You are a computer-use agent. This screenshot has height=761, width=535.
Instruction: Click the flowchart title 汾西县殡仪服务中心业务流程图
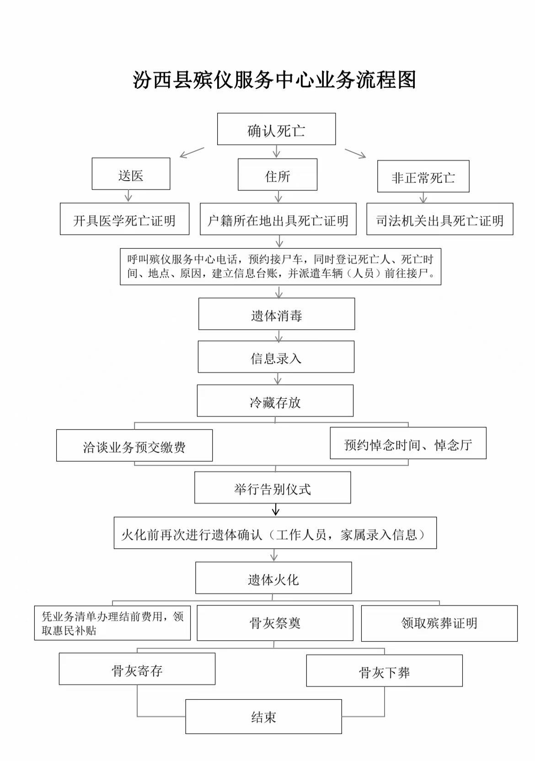(x=274, y=80)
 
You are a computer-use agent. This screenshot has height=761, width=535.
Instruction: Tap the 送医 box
(x=131, y=174)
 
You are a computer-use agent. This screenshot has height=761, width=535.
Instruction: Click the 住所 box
(x=278, y=175)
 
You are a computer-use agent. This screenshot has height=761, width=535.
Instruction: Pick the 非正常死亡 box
(x=423, y=177)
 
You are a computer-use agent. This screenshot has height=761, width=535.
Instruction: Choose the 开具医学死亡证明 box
(x=124, y=219)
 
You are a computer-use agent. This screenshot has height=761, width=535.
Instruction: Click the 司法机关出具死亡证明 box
(x=439, y=220)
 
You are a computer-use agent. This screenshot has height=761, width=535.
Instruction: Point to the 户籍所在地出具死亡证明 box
(x=278, y=220)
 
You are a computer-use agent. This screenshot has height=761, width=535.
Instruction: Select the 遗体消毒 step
(x=277, y=314)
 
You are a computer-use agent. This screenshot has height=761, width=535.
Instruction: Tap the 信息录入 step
(x=276, y=357)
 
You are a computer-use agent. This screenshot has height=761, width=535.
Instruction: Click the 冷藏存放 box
(x=275, y=401)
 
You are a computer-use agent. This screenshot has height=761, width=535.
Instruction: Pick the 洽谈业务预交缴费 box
(x=134, y=445)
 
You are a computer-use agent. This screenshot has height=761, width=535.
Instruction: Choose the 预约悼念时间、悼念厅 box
(x=408, y=443)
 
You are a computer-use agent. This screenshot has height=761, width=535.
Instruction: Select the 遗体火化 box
(x=273, y=578)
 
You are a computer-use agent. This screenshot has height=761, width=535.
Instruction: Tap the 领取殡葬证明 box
(x=439, y=623)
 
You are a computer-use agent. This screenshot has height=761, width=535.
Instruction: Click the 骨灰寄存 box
(x=137, y=669)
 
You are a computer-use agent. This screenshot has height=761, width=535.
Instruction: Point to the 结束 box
(x=263, y=717)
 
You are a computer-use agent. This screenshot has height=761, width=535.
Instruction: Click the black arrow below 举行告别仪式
(x=275, y=510)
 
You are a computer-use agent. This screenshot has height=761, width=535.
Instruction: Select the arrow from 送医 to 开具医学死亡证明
(x=128, y=196)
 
